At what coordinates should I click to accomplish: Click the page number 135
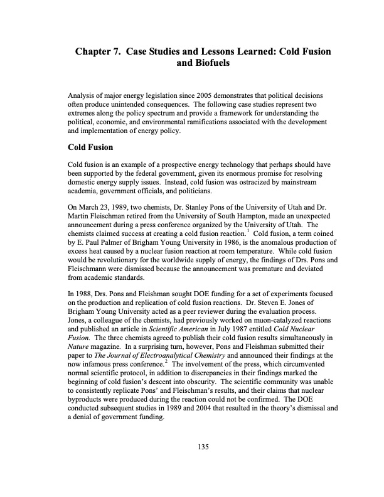202,446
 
